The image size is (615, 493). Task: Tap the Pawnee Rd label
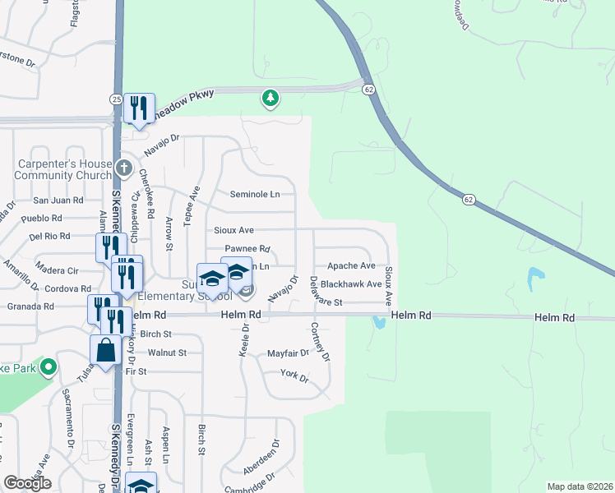247,249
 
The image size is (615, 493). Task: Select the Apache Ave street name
351,266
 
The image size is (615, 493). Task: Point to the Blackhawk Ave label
351,284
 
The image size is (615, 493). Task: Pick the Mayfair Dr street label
288,353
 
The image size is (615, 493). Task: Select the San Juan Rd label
58,200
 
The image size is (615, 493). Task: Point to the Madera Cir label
57,270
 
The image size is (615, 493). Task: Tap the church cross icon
123,168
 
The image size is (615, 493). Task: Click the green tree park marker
270,99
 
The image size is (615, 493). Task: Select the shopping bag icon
107,351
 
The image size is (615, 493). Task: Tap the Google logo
28,483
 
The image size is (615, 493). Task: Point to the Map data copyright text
579,486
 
